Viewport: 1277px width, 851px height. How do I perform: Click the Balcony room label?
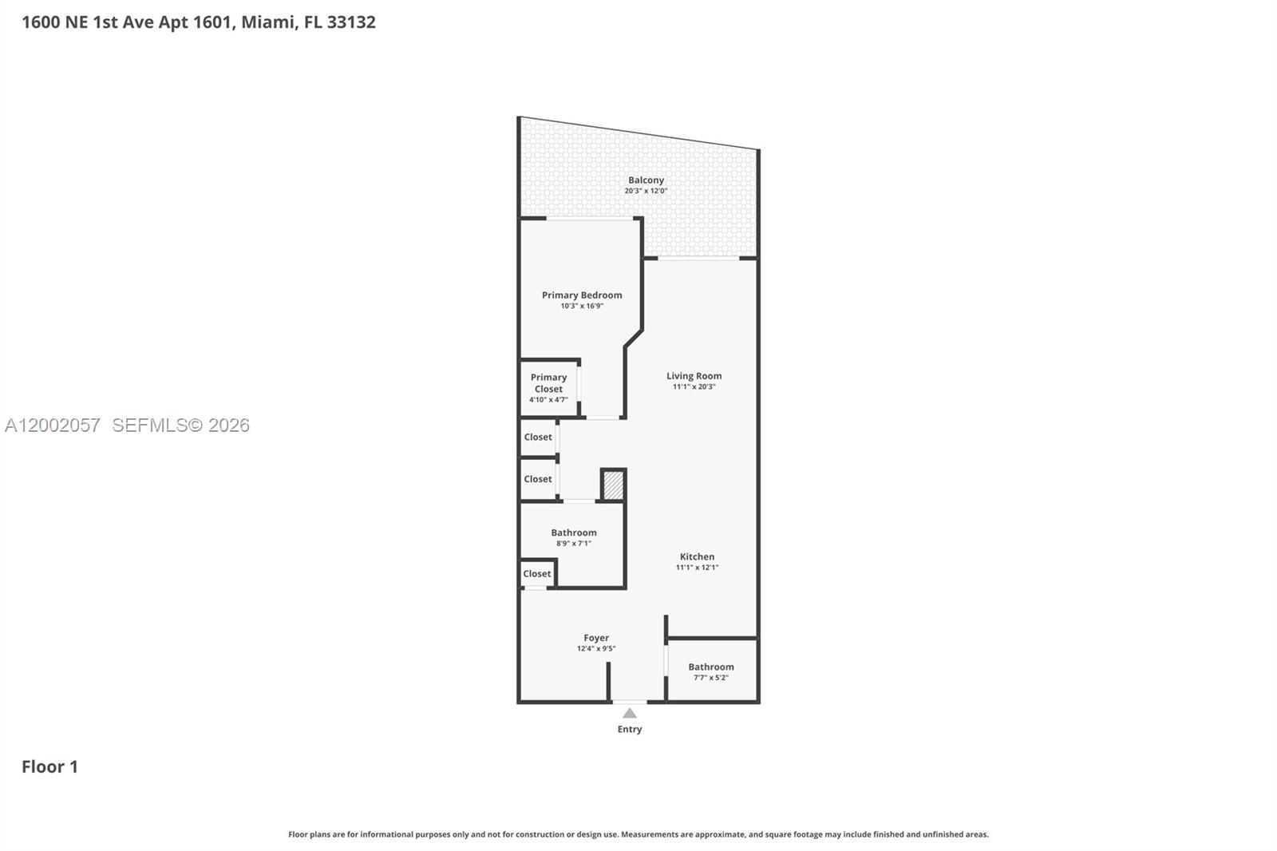(646, 180)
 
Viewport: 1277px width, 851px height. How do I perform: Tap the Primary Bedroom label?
(582, 295)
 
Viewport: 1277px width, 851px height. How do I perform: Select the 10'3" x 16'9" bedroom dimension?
(582, 307)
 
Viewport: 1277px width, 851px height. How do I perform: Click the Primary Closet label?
(548, 383)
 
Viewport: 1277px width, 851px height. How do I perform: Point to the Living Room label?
(694, 376)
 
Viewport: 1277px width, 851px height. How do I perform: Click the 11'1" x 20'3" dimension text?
(694, 387)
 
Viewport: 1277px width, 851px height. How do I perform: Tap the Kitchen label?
(697, 557)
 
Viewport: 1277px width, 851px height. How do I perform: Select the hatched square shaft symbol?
(613, 485)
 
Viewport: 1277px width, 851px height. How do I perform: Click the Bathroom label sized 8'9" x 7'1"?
(573, 532)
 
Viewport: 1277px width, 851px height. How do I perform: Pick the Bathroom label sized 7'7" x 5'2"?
(710, 667)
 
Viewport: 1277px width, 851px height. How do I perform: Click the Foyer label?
(596, 638)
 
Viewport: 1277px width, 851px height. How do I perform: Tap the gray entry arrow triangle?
(630, 713)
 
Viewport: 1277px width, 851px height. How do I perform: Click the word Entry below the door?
(630, 730)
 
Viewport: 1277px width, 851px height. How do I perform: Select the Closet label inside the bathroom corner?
(536, 574)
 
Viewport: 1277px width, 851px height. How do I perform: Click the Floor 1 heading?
(49, 767)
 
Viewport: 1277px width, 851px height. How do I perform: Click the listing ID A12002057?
(53, 425)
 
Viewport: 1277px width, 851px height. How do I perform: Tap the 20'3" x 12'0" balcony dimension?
(646, 192)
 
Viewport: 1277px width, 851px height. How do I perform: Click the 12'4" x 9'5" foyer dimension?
(596, 649)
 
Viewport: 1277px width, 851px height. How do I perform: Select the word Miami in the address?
(267, 22)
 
